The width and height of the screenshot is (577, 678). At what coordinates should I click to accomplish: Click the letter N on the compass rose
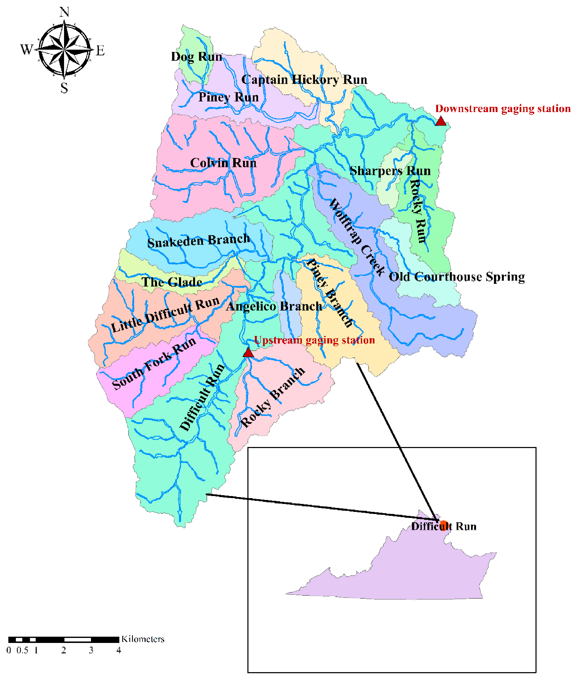coord(64,12)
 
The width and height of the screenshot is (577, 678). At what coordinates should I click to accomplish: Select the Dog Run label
coord(197,57)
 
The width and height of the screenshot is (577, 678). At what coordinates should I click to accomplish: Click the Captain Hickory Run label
coord(304,80)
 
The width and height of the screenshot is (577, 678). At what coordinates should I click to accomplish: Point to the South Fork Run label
coord(154,363)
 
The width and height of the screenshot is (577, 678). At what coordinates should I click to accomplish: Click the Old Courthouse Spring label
coord(457,277)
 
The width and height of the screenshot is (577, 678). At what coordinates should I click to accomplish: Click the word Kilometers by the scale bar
coord(143,639)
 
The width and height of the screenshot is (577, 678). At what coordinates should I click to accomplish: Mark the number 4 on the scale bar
coord(119,650)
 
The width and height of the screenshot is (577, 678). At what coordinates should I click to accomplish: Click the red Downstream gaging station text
coord(503,109)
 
